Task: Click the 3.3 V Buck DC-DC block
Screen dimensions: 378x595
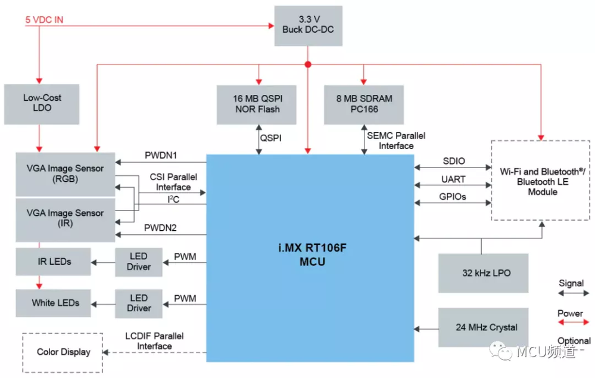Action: pyautogui.click(x=308, y=26)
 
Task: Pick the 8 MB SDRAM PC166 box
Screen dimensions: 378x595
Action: pyautogui.click(x=363, y=104)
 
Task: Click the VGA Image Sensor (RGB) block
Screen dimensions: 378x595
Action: pyautogui.click(x=65, y=174)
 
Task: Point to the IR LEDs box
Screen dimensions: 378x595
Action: pyautogui.click(x=54, y=261)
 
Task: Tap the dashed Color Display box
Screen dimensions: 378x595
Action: pyautogui.click(x=63, y=352)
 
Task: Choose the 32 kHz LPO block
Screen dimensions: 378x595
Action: pyautogui.click(x=482, y=273)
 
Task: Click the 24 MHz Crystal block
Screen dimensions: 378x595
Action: pyautogui.click(x=482, y=327)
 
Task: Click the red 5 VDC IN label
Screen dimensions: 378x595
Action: pyautogui.click(x=44, y=20)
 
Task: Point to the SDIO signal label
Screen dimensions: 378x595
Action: pyautogui.click(x=454, y=161)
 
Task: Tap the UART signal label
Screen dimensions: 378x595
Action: pyautogui.click(x=454, y=179)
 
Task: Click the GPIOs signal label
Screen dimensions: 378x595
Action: pyautogui.click(x=454, y=196)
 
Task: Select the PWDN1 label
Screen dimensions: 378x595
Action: pyautogui.click(x=161, y=155)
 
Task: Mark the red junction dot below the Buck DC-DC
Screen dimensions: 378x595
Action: pyautogui.click(x=308, y=64)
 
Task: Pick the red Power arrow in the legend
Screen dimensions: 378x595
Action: pyautogui.click(x=571, y=323)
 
